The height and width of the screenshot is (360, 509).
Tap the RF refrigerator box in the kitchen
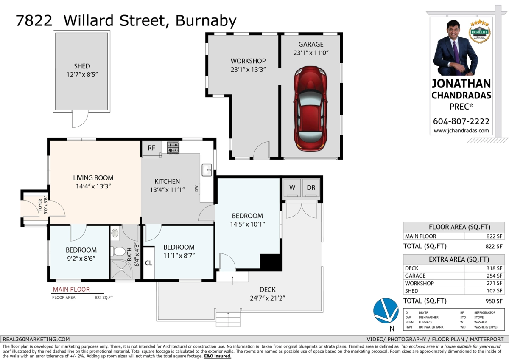coord(151,148)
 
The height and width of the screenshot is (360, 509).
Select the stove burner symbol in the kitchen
coord(173,147)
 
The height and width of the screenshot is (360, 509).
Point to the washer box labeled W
coord(292,187)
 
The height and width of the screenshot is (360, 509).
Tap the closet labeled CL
coord(148,263)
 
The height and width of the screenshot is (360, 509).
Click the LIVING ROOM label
coord(93,178)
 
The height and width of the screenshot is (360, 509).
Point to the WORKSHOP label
coord(248,61)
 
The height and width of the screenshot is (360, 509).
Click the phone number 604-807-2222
coord(461,121)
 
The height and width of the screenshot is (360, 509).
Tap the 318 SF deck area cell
coord(494,268)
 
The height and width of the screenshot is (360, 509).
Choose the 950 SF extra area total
coord(493,301)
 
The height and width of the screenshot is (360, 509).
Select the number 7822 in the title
coord(34,20)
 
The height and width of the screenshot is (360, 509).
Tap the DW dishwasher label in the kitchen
coord(197,188)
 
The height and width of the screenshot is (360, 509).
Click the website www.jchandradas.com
coord(461,131)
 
